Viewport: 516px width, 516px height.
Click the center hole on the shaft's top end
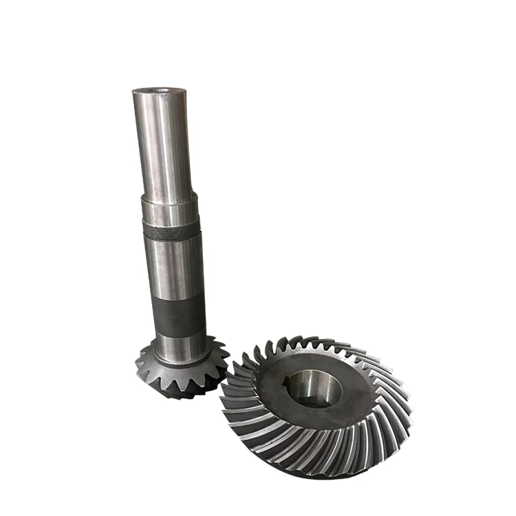pos(160,89)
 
